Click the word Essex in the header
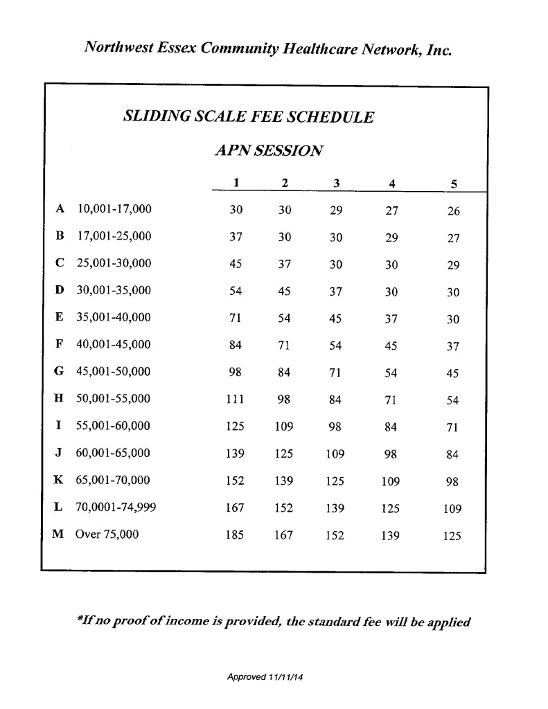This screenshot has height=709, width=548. (175, 48)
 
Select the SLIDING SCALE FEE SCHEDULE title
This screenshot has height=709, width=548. (248, 116)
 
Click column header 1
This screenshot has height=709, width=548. (236, 183)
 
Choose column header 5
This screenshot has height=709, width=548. (454, 183)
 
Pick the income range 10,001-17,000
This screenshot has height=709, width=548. (114, 208)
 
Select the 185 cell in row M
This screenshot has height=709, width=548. (235, 535)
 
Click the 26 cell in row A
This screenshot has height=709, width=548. (454, 211)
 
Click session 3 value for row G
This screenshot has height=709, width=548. (336, 373)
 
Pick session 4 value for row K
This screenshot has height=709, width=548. (391, 481)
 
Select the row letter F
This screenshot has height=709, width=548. (60, 344)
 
